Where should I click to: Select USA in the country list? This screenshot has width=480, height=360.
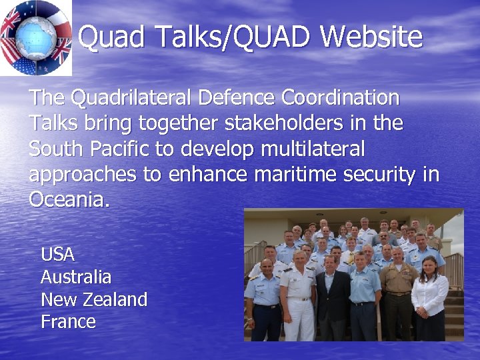click(x=57, y=255)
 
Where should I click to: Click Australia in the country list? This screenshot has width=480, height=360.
click(x=76, y=277)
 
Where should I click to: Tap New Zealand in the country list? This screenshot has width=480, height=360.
click(x=94, y=300)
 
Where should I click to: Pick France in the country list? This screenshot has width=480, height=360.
click(x=68, y=322)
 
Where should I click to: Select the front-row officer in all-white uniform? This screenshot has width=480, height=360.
click(x=297, y=293)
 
